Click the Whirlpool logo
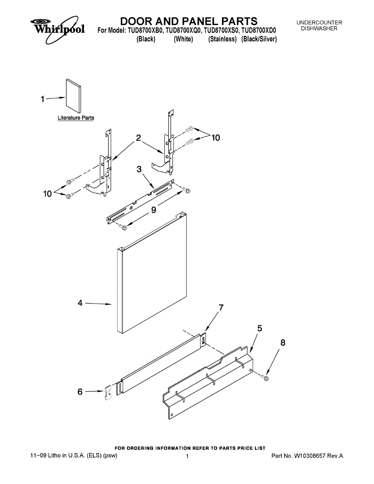tap(57, 29)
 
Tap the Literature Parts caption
tap(76, 118)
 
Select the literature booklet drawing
tap(73, 96)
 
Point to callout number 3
tap(139, 169)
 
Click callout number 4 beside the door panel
tap(80, 303)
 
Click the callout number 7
tap(221, 308)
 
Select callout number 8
tap(283, 342)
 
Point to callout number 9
tap(154, 210)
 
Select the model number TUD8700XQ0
tap(184, 30)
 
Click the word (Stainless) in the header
tap(222, 39)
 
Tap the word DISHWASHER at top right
tap(319, 29)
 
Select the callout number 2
tap(138, 138)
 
